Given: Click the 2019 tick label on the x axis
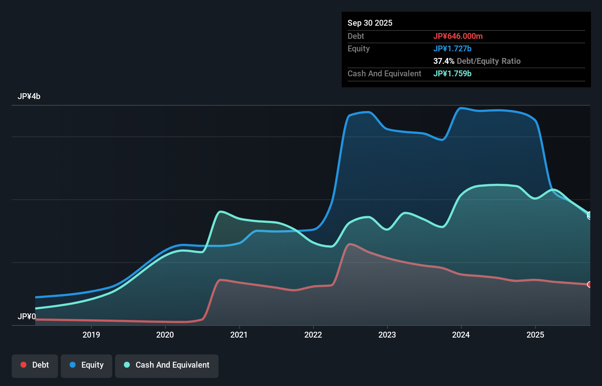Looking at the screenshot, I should click(91, 335).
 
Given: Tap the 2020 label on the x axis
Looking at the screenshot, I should click(165, 335).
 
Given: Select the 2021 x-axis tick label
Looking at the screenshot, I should click(239, 335).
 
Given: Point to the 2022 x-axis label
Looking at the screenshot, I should click(313, 335).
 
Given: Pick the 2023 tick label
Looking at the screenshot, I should click(387, 335).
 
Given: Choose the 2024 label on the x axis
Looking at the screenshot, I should click(461, 335).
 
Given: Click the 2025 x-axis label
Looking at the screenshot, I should click(535, 335).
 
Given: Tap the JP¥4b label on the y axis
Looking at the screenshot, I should click(29, 96).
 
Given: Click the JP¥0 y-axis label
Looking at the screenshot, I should click(27, 316).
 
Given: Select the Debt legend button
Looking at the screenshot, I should click(35, 365).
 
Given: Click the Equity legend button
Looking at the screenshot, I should click(87, 365).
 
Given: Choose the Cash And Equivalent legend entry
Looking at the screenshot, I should click(167, 365).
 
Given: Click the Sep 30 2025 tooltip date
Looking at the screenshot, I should click(370, 23).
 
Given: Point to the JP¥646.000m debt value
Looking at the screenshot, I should click(458, 36).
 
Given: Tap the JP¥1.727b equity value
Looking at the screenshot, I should click(452, 48).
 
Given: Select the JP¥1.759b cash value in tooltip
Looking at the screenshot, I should click(452, 73).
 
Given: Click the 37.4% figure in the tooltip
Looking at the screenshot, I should click(444, 61).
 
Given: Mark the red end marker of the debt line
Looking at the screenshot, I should click(590, 284).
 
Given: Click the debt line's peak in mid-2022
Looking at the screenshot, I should click(350, 244).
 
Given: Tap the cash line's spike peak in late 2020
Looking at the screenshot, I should click(220, 211).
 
